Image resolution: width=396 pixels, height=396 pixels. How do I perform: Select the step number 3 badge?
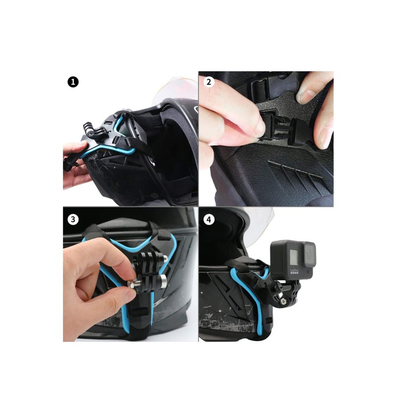click(73, 218)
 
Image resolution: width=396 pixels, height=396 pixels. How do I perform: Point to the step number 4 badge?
click(208, 218)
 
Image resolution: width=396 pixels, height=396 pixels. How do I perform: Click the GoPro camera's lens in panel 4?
click(308, 254)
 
